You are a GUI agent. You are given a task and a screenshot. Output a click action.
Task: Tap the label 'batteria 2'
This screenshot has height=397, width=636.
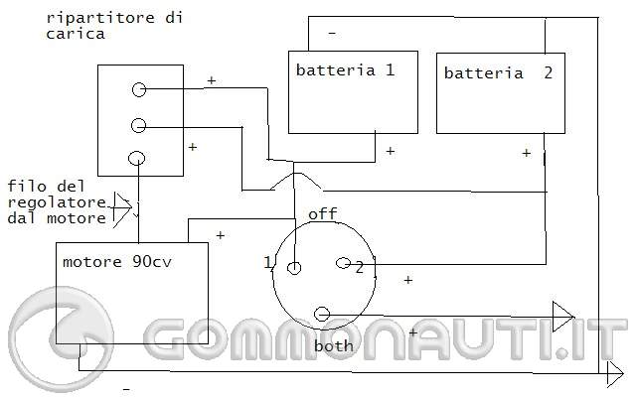coord(498,73)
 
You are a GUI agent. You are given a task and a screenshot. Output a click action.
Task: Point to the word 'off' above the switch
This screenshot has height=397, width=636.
coord(322,213)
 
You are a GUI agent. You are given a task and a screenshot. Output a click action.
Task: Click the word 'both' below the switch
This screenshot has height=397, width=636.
coord(333,346)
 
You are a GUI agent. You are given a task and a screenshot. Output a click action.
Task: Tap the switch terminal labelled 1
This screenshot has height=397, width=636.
coord(294,268)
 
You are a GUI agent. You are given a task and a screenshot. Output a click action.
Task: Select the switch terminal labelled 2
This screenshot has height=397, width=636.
coord(344,264)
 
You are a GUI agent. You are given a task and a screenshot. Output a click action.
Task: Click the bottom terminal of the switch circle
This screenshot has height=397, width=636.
coord(321,315)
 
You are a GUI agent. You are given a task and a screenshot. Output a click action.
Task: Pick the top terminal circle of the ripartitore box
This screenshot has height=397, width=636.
coord(139,90)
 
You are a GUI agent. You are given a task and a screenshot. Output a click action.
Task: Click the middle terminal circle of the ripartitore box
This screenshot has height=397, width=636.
coord(139,125)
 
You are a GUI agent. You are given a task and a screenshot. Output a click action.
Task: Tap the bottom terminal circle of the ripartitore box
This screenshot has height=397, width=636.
coord(137,157)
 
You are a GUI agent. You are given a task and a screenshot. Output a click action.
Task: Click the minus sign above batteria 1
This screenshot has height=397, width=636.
coord(331,35)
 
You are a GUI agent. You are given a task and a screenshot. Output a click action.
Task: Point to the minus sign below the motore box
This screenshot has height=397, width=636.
coord(127,389)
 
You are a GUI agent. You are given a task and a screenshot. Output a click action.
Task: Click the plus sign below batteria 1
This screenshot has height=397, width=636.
coord(391,151)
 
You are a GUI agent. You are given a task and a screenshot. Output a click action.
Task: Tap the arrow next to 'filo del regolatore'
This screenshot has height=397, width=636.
coord(123,205)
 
